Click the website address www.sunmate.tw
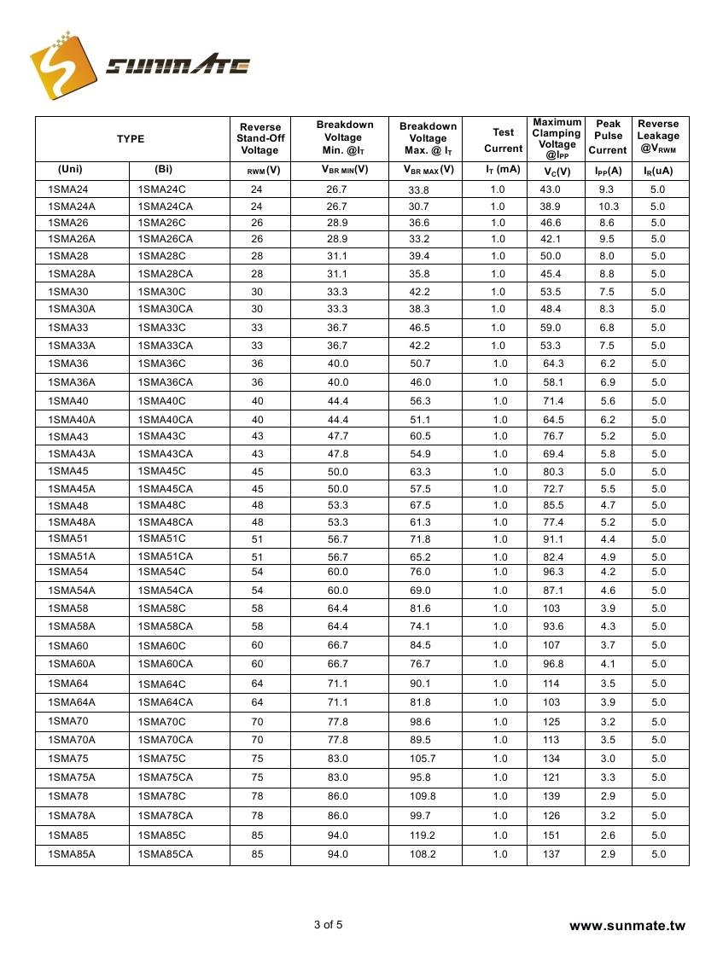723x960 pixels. pos(627,926)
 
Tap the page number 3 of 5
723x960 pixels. pos(329,924)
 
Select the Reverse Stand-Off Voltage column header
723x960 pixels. pos(259,138)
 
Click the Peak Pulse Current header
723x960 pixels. pos(608,137)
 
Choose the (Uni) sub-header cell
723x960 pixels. pos(70,170)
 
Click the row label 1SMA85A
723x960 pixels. pos(72,854)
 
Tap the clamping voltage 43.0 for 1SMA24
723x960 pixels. pos(551,189)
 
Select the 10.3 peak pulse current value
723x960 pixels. pos(608,207)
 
